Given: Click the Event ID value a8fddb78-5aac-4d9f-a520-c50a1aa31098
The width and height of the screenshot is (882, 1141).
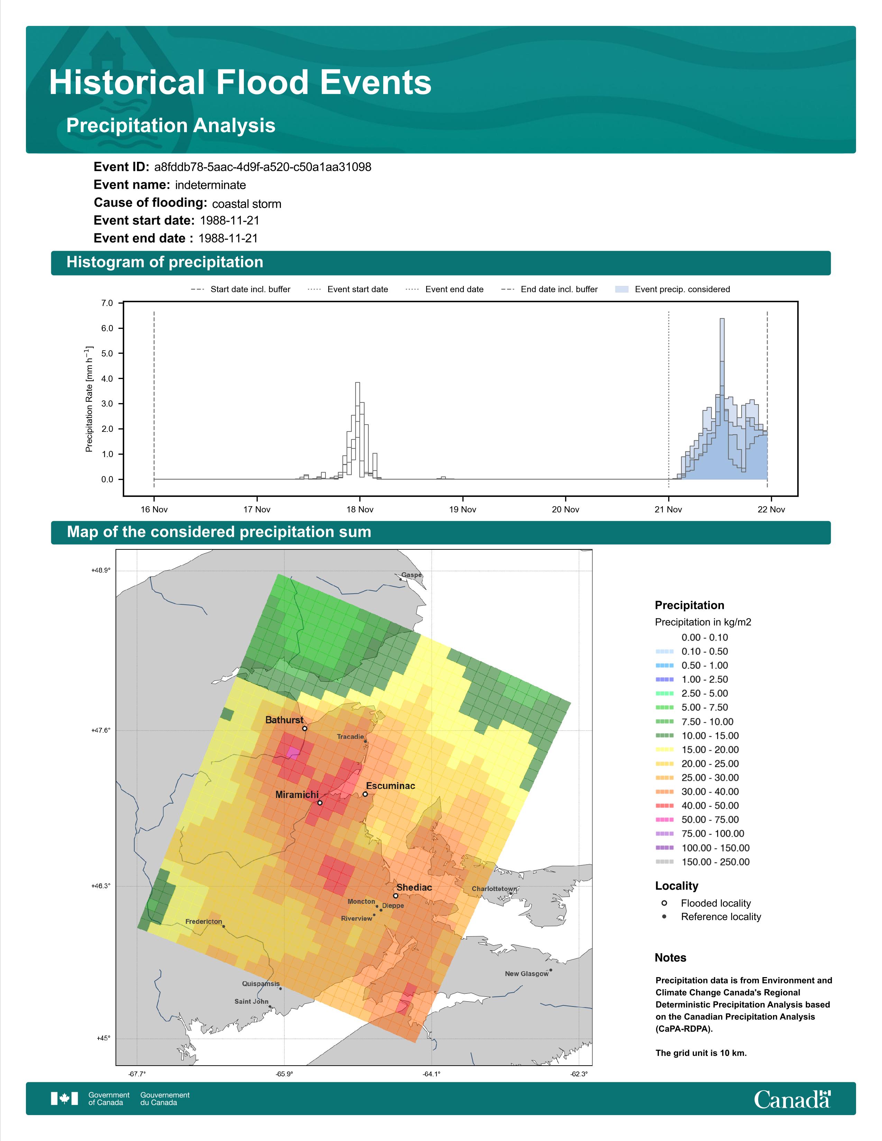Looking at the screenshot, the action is [x=263, y=167].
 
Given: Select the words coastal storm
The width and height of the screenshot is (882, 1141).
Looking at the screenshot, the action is [x=247, y=204].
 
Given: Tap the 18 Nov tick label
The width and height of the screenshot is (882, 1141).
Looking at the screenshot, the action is [x=359, y=509].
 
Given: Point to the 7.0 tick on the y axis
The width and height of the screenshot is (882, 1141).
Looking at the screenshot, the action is [x=107, y=303].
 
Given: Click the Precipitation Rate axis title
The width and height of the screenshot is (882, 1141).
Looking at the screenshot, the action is [x=89, y=399].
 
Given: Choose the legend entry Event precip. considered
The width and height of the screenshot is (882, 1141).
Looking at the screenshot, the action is [x=673, y=289].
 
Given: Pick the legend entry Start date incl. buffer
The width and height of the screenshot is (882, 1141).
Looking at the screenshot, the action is [x=240, y=289].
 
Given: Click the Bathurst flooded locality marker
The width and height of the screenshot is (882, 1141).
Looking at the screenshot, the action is [x=305, y=728].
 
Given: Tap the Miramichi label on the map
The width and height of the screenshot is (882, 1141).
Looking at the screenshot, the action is [x=297, y=795].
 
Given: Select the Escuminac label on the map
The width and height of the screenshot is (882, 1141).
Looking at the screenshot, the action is [x=390, y=786].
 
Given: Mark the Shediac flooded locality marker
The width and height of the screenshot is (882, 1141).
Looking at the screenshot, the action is [x=396, y=896].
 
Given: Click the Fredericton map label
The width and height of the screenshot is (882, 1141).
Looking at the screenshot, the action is [x=204, y=921].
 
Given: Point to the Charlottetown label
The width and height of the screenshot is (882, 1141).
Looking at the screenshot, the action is [x=494, y=889].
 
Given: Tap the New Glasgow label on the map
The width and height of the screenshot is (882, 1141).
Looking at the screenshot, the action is [x=527, y=974].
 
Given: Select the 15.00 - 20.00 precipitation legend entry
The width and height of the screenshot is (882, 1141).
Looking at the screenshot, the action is [x=697, y=750].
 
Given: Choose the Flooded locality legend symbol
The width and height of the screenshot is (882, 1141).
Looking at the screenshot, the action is [x=664, y=903].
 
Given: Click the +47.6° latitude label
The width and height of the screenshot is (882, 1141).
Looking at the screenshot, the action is [x=101, y=730].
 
